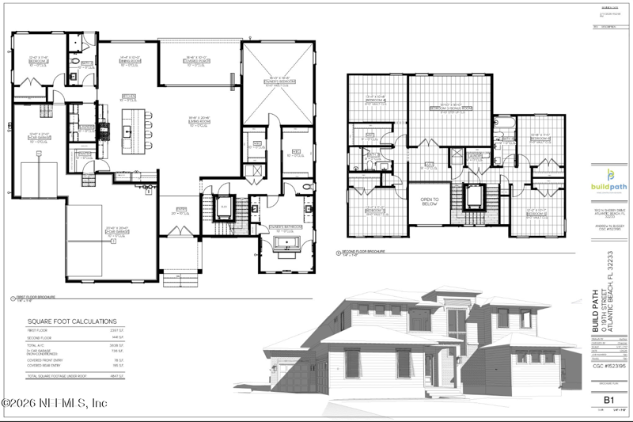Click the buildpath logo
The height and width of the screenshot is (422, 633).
point(608,181)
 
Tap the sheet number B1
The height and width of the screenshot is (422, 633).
point(609,400)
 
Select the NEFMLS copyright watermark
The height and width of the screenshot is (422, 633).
point(55,403)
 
